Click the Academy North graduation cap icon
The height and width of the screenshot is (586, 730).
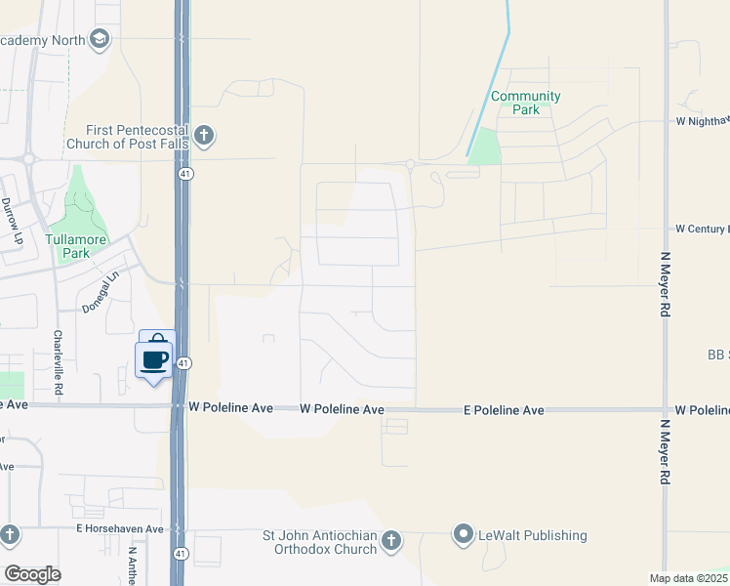pos(99,39)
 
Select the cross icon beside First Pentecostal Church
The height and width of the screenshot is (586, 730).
pos(204,136)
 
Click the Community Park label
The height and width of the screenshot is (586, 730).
pos(525,103)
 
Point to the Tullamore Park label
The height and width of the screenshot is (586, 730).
pos(81,246)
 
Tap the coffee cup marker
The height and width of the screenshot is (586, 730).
pos(155,359)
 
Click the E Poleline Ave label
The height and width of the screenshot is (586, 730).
pos(504,411)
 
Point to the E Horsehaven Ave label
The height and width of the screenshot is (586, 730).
pos(120,528)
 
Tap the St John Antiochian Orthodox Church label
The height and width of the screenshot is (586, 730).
pos(320,542)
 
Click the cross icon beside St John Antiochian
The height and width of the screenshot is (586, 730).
pos(390,541)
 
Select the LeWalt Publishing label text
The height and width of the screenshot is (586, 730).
pos(532,535)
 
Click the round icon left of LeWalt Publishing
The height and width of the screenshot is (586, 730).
pos(463,534)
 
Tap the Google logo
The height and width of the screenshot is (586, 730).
pos(32,574)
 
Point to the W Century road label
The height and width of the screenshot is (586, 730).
pos(702,229)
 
